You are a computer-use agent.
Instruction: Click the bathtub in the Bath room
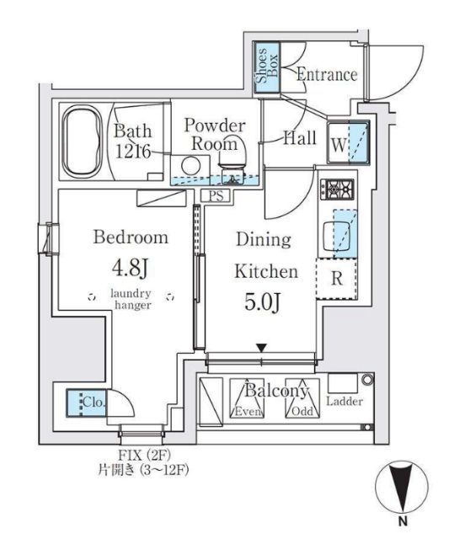82,141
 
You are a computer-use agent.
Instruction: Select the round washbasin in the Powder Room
190,166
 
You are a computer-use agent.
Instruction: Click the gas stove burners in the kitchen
337,189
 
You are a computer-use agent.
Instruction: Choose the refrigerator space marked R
337,279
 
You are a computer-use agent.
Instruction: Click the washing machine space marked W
348,142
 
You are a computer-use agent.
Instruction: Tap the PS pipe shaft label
216,196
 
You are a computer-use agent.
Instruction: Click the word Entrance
327,75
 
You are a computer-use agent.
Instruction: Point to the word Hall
300,138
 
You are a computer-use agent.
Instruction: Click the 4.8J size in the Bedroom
131,268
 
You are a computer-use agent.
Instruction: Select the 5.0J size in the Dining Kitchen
264,302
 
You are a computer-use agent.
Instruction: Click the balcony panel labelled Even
247,398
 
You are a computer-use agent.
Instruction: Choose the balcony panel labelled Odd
302,398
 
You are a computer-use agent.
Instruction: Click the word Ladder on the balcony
345,401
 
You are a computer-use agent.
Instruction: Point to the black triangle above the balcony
262,348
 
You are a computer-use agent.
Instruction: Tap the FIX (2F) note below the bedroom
144,456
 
